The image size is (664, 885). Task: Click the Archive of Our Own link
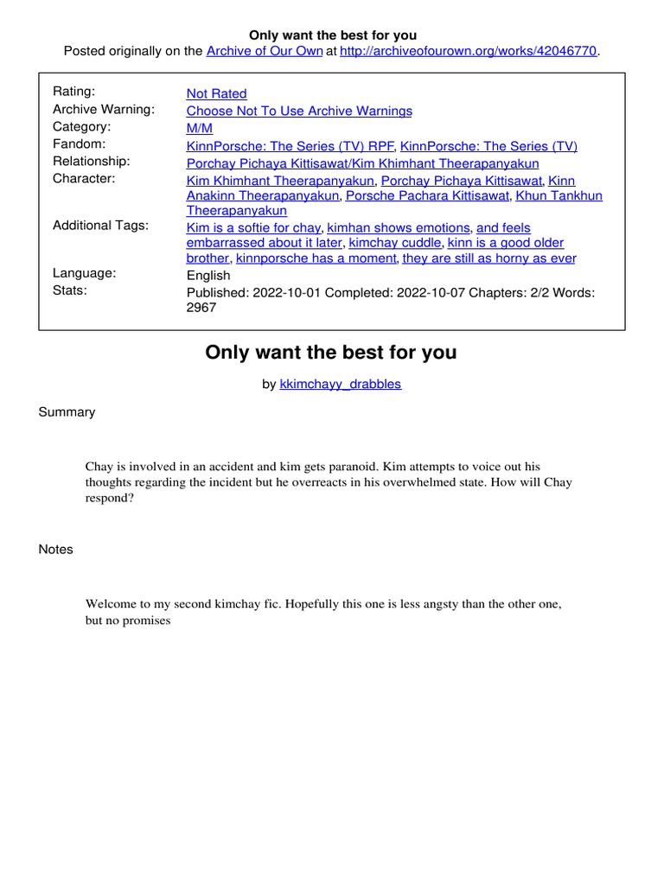pos(264,51)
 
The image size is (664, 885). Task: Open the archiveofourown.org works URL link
pos(468,51)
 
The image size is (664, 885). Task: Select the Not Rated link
pos(216,93)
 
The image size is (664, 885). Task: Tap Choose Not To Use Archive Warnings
pos(299,111)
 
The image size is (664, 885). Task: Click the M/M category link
pos(199,128)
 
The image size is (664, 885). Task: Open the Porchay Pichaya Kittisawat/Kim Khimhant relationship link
pos(362,163)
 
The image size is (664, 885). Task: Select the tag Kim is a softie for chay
pos(253,228)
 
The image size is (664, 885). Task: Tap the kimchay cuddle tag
pos(394,243)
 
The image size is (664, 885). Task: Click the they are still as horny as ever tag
pos(489,258)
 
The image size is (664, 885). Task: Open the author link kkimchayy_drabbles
pos(341,384)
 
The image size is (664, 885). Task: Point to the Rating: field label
pos(74,92)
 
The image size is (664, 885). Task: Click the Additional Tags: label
pos(100,226)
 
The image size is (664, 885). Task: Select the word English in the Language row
pos(208,276)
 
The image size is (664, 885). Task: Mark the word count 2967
pos(201,308)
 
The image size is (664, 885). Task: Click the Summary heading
pos(67,412)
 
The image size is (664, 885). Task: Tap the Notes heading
pos(56,550)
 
